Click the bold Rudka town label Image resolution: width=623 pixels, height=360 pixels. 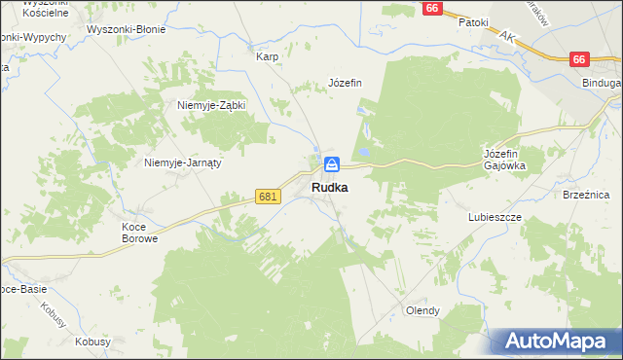330,187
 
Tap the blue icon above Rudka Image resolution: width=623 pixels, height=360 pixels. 331,164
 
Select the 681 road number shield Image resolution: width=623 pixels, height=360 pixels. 270,197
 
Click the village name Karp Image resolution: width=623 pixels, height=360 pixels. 268,56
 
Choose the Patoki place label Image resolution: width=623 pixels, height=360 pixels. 473,21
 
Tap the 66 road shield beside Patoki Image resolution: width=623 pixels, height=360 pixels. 434,7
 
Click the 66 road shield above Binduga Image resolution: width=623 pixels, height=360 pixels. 579,59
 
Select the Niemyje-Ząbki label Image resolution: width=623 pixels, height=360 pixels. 211,105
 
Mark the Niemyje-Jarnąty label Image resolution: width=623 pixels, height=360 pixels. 183,162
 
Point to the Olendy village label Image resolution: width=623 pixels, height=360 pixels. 422,311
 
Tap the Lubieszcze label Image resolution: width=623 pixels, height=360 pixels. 495,217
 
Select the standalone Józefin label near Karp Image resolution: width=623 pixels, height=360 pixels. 345,83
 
